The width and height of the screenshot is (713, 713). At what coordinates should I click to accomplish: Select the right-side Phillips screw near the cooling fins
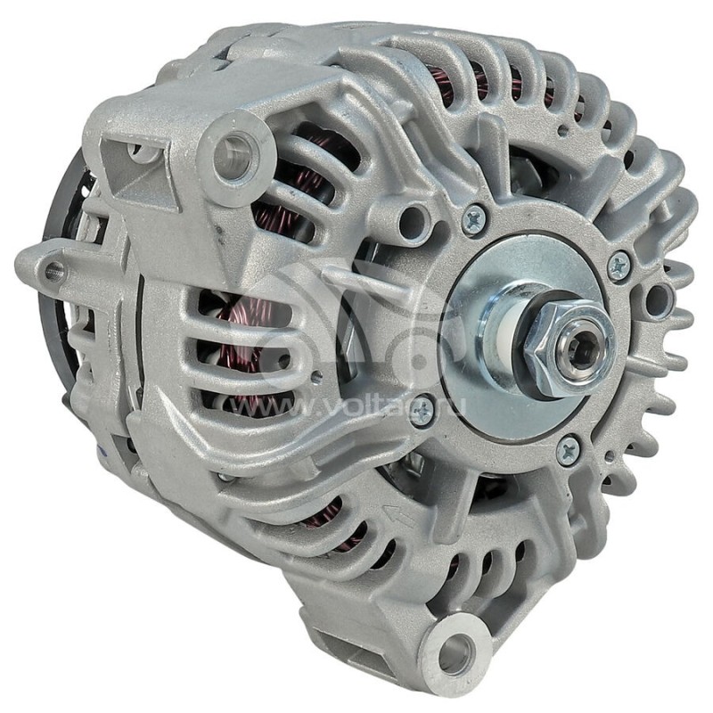(618, 264)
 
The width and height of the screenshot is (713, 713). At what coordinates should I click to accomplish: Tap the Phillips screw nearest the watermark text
(422, 409)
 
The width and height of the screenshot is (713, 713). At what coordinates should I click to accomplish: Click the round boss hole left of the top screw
(412, 214)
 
